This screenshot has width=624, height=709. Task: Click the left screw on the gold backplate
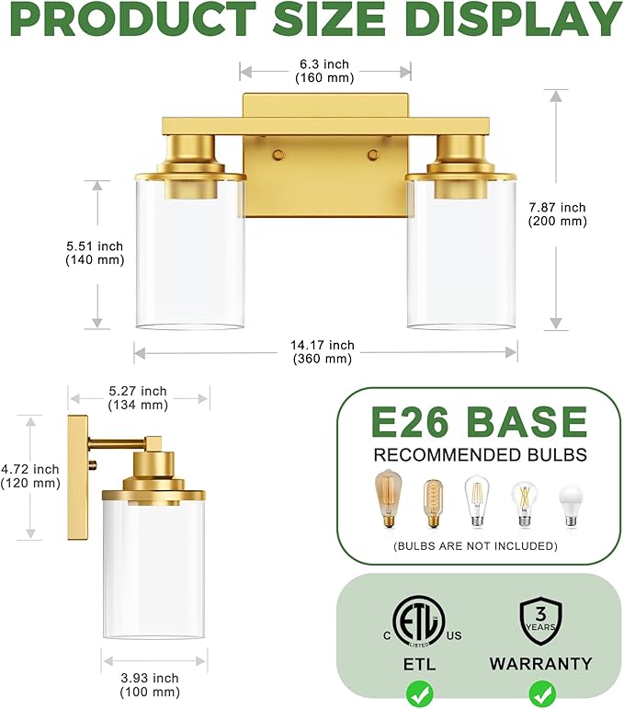tap(276, 155)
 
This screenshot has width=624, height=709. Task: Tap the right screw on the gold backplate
tap(372, 155)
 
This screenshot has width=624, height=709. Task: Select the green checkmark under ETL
tap(418, 692)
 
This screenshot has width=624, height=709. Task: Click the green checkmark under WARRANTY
tap(540, 692)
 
